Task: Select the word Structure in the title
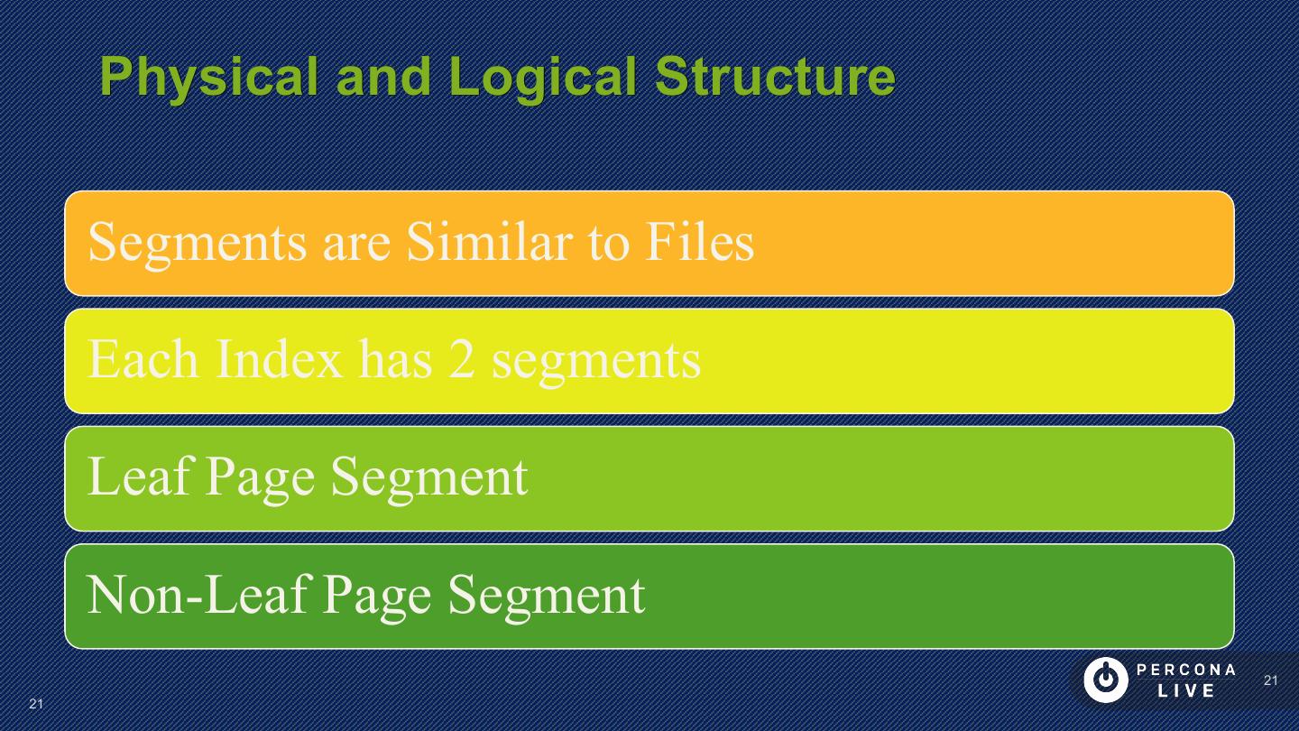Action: point(775,77)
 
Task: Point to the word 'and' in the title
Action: point(383,77)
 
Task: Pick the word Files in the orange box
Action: point(699,242)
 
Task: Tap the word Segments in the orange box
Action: point(197,242)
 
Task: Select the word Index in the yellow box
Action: point(279,359)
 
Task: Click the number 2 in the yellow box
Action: point(461,359)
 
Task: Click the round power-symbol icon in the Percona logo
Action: point(1105,680)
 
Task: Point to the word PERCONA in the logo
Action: point(1186,671)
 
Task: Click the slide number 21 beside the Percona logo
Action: point(1270,680)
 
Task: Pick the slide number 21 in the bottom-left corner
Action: point(36,704)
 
